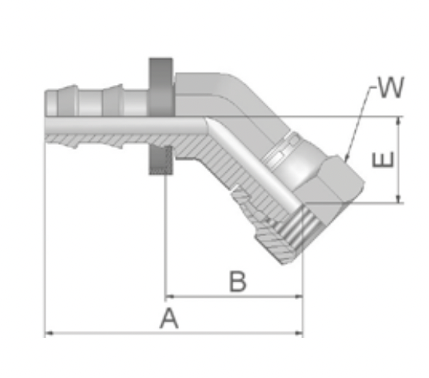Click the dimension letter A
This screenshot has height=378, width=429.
169,318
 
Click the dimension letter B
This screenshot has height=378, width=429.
238,281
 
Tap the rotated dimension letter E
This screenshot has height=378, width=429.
383,160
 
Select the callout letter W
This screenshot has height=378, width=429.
391,87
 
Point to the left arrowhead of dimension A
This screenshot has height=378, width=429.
49,333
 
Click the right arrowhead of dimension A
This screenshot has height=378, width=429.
299,333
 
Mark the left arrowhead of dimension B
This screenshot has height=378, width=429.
170,296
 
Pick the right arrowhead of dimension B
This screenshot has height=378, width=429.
299,296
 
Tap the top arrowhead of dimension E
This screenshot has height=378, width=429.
399,121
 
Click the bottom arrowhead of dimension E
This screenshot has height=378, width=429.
399,199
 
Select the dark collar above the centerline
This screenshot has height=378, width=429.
160,87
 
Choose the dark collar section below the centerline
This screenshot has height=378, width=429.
160,160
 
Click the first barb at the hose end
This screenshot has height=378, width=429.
68,101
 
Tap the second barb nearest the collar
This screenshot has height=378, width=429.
113,100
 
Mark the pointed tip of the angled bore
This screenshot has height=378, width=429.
207,120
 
